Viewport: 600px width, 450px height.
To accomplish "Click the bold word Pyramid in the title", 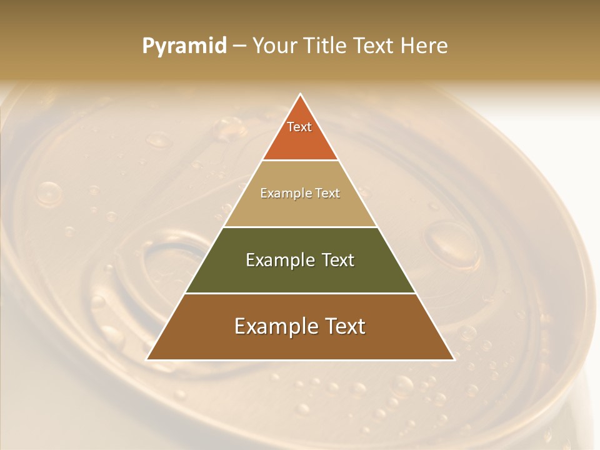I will click(184, 46).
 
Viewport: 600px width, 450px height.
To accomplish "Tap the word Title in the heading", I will click(327, 46).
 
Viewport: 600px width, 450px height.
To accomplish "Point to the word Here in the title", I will click(424, 46).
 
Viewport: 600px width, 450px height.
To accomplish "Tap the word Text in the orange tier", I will click(299, 127).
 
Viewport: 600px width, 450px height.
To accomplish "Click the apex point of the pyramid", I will click(301, 94).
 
